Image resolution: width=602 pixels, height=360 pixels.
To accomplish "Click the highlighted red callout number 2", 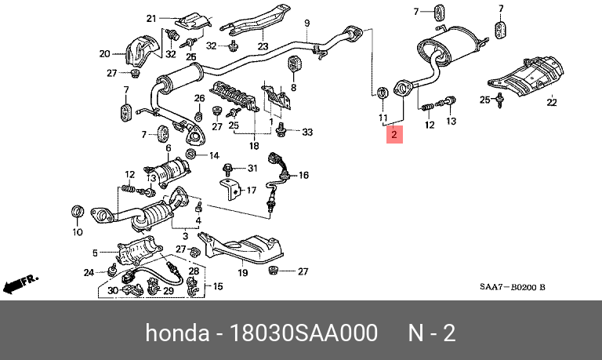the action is [394, 136].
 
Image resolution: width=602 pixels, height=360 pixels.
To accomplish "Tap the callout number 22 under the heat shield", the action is [551, 102].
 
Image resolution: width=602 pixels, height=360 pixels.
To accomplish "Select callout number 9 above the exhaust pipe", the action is [307, 22].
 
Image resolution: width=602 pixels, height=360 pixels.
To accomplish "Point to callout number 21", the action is [151, 16].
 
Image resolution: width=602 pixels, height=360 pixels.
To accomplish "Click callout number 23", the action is [263, 45].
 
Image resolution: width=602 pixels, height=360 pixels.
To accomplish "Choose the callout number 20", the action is [105, 54].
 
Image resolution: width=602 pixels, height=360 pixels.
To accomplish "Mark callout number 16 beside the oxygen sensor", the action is [304, 176].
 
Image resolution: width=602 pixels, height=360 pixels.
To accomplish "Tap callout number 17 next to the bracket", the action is [251, 190].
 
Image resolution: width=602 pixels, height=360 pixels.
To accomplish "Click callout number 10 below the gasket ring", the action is [77, 232].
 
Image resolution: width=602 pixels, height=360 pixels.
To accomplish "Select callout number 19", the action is [243, 272].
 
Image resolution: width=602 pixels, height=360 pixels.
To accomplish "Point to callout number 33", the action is [307, 132].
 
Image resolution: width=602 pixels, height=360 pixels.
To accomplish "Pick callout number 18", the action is [253, 146].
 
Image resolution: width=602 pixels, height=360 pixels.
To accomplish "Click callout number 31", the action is [252, 169].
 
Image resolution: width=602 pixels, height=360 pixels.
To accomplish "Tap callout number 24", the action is [89, 272].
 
